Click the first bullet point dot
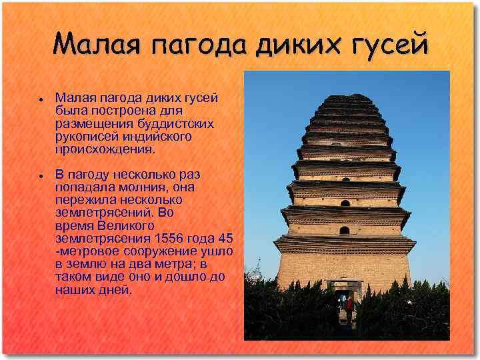[x=41, y=99]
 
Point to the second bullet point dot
[x=41, y=175]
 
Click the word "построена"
[x=109, y=111]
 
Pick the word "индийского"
[x=154, y=136]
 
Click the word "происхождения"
[x=99, y=149]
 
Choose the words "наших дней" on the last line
[x=93, y=290]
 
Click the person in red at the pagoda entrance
[x=348, y=306]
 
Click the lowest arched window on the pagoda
[x=345, y=231]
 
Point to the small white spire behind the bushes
[x=257, y=268]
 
